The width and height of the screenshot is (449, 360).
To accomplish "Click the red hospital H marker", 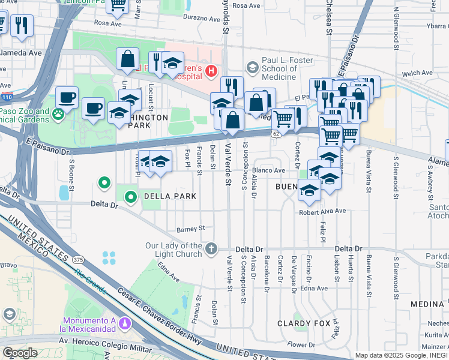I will tap(211, 72).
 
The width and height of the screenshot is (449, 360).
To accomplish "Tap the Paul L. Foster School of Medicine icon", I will tap(252, 67).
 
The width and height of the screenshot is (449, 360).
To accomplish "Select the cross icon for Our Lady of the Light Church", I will tap(211, 248).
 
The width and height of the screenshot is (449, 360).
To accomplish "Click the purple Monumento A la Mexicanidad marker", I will tap(125, 323).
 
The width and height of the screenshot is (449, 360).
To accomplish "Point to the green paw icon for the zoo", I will tap(58, 114).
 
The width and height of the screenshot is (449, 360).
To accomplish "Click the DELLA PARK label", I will tap(169, 196).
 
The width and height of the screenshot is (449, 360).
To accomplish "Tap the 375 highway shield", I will tap(77, 260).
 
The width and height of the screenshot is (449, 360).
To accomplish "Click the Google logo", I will tap(20, 352).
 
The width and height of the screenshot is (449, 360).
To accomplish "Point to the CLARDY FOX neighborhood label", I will tap(304, 323).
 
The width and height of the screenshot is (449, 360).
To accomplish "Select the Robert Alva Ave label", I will tap(323, 211).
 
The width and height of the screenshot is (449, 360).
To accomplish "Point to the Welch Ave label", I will tap(417, 73).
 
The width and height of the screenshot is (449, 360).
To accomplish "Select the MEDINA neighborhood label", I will tap(427, 304).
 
